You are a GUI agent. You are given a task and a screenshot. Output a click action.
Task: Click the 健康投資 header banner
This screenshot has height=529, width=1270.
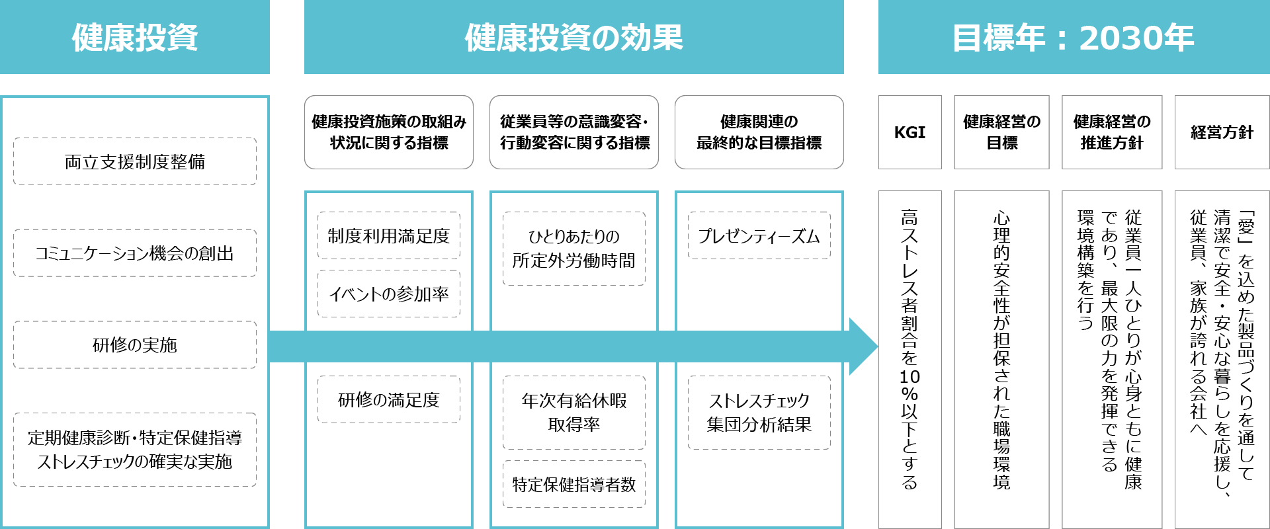point(135,37)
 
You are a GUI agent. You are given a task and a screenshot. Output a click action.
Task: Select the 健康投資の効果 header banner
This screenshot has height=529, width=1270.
point(573,37)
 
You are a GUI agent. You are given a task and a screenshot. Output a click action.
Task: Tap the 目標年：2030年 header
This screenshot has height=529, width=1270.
point(1073,37)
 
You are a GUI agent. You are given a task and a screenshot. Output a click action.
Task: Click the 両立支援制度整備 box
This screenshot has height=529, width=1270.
point(135,161)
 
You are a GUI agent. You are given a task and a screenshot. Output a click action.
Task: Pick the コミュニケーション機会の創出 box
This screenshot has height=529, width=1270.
point(135,253)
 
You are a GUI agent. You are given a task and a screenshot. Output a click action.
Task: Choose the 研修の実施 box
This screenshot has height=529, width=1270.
point(135,345)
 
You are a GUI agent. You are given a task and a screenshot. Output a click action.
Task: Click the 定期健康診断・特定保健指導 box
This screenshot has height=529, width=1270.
point(135,450)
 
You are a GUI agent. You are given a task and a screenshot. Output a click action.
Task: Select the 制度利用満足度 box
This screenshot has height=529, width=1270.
point(389,235)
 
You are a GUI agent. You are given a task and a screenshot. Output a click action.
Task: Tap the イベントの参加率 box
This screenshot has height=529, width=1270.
point(389,294)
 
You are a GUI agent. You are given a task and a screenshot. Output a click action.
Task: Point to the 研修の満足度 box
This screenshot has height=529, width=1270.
point(389,399)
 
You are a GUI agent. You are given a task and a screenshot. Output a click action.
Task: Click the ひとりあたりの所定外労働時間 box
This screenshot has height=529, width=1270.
point(573,249)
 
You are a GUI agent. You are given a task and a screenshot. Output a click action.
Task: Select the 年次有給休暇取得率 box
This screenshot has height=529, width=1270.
point(573,413)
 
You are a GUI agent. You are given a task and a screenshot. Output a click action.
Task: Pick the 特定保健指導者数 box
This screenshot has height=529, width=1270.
point(573,484)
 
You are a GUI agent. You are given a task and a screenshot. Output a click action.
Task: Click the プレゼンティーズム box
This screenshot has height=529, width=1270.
point(759,235)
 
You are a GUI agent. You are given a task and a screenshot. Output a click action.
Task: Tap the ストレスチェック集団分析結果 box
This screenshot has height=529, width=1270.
point(759,413)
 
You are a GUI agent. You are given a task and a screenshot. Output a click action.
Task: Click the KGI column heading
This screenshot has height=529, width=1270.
point(910,132)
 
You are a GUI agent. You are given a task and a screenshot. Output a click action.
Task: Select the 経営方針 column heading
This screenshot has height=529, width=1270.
point(1222,132)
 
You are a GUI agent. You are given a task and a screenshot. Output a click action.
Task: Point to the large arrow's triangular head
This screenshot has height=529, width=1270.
point(863,346)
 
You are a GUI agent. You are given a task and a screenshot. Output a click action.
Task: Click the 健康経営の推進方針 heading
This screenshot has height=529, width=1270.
point(1112,132)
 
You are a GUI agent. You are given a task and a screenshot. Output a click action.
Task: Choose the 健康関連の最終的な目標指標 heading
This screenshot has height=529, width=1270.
point(759,132)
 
